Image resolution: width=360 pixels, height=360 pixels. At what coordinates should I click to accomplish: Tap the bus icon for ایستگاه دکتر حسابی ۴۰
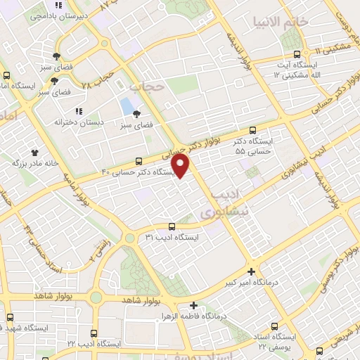point(139,161)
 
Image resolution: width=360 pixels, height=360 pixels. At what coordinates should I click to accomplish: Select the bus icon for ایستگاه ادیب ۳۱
point(172,226)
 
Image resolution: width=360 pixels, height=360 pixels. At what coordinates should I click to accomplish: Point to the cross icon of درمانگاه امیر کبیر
point(252,271)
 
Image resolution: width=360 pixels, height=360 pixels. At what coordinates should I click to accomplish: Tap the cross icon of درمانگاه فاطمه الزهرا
point(194,306)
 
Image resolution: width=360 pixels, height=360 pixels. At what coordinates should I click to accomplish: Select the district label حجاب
point(146,88)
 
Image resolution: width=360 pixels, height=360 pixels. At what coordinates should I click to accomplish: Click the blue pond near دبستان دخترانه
point(127,107)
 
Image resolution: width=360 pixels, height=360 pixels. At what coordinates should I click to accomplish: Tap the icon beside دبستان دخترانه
point(79,111)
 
